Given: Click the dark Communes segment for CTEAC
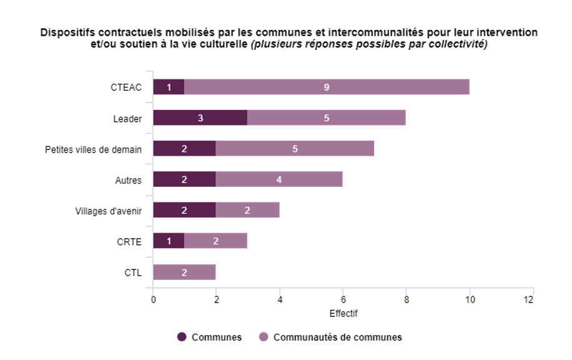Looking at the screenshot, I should [x=169, y=87].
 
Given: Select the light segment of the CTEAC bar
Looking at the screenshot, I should [x=327, y=87].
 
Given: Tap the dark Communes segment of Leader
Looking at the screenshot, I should [x=200, y=117].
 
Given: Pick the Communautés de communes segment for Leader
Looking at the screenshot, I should [x=327, y=117].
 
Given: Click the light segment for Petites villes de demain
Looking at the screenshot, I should [x=295, y=149].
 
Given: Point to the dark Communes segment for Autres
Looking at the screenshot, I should [x=184, y=179].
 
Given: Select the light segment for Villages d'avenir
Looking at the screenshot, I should [x=247, y=210].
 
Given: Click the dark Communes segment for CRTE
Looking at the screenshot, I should [x=169, y=241].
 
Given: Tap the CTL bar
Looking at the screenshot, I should [x=184, y=272].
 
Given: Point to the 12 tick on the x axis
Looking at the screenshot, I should [x=529, y=299].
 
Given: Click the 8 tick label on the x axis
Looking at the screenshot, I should [x=406, y=299].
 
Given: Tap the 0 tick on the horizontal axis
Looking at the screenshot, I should [x=153, y=299].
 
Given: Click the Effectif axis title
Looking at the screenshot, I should [x=343, y=312].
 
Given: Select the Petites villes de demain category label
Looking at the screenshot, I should [x=94, y=149].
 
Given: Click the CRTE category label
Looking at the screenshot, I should [x=130, y=241].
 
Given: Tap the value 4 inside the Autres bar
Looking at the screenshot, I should [x=279, y=179].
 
